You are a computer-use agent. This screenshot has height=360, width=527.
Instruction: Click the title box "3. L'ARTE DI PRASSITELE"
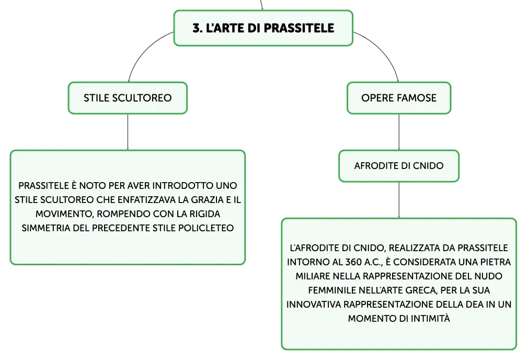(263, 28)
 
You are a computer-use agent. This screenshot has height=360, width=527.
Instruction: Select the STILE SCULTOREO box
(128, 98)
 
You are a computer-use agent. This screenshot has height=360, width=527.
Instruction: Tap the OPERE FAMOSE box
(399, 98)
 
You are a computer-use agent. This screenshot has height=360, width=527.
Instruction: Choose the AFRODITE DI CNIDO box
(399, 166)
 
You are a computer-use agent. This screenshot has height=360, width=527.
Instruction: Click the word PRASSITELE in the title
(299, 28)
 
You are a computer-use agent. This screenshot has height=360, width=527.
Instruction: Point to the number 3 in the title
(196, 28)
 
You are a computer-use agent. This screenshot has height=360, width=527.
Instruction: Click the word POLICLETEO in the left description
(206, 228)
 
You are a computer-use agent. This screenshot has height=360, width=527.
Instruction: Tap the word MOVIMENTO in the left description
(64, 215)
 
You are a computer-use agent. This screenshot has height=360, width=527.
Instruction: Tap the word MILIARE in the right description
(313, 276)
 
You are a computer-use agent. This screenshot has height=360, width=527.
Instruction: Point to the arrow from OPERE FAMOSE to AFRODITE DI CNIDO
(399, 132)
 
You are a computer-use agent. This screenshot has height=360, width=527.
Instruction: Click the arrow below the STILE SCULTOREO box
(128, 132)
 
